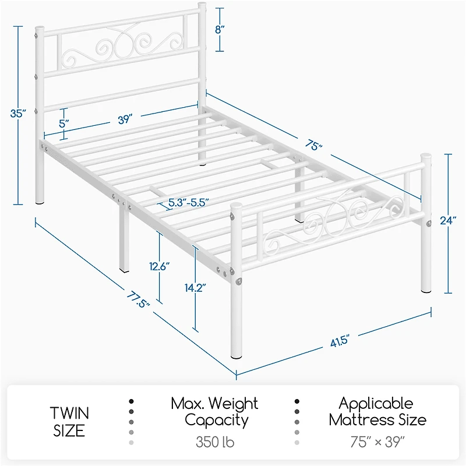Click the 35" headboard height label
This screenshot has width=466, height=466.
[19, 114]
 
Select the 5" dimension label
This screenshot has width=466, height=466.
[64, 123]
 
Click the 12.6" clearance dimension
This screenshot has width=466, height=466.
[158, 266]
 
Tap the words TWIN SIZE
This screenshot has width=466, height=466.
[69, 422]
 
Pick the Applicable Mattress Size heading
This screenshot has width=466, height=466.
[377, 411]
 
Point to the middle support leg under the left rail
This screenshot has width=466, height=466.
[125, 239]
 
